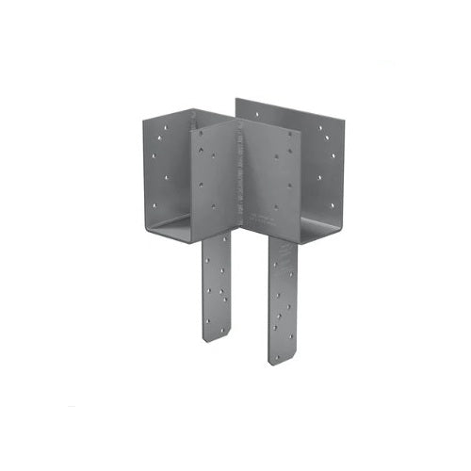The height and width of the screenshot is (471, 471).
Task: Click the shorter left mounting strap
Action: [218, 287]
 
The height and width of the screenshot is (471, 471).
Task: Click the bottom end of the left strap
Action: [218, 337]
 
